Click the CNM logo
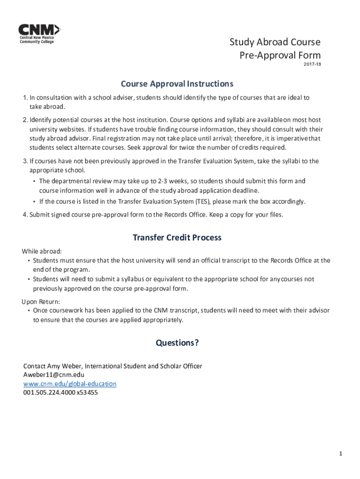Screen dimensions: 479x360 [x=39, y=33]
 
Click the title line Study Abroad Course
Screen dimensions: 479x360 [x=275, y=43]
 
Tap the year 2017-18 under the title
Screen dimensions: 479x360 [x=312, y=64]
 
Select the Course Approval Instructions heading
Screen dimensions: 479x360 [x=177, y=84]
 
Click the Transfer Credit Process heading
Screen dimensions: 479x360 [x=177, y=238]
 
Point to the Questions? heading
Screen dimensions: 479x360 [x=177, y=343]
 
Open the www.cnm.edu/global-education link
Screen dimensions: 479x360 [x=70, y=384]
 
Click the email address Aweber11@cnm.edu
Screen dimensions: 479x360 [x=54, y=375]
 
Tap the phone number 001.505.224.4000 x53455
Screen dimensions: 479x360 [x=60, y=392]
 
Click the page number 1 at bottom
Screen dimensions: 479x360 [x=341, y=454]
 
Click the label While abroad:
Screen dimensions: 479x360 [x=42, y=251]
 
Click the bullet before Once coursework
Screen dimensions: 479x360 [x=29, y=311]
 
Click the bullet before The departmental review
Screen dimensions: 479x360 [x=35, y=181]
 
